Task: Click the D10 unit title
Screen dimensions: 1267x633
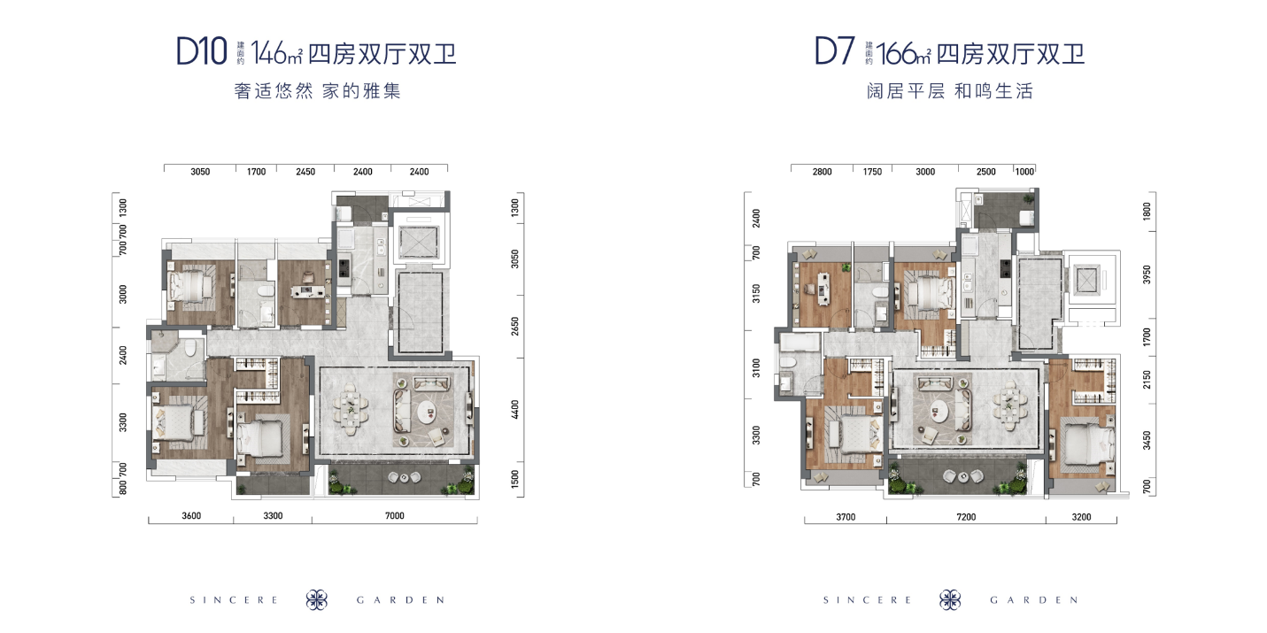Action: click(201, 52)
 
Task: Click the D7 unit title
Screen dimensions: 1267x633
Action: click(834, 52)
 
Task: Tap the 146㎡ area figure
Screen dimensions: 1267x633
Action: click(276, 53)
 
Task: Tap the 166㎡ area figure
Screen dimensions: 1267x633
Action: click(904, 53)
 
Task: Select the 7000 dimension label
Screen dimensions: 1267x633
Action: click(395, 516)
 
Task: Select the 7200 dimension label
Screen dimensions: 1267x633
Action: click(966, 517)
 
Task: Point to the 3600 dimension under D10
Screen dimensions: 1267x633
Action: click(191, 516)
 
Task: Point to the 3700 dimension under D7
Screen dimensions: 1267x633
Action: click(846, 517)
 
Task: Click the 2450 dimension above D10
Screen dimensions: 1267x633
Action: click(305, 172)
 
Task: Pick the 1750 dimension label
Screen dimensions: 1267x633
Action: click(872, 172)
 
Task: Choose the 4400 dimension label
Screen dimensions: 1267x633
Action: click(514, 410)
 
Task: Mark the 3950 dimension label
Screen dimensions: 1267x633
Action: click(1147, 275)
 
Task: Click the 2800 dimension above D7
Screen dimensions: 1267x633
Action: click(822, 172)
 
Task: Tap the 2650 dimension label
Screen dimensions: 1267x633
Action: click(514, 327)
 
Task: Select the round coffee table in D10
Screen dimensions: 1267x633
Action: click(428, 414)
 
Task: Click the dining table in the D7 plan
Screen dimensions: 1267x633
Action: click(1009, 405)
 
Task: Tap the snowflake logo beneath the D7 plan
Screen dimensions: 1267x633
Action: click(950, 600)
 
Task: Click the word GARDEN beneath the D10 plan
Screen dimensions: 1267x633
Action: click(400, 600)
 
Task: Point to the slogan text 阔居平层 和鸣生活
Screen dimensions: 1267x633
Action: click(950, 91)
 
